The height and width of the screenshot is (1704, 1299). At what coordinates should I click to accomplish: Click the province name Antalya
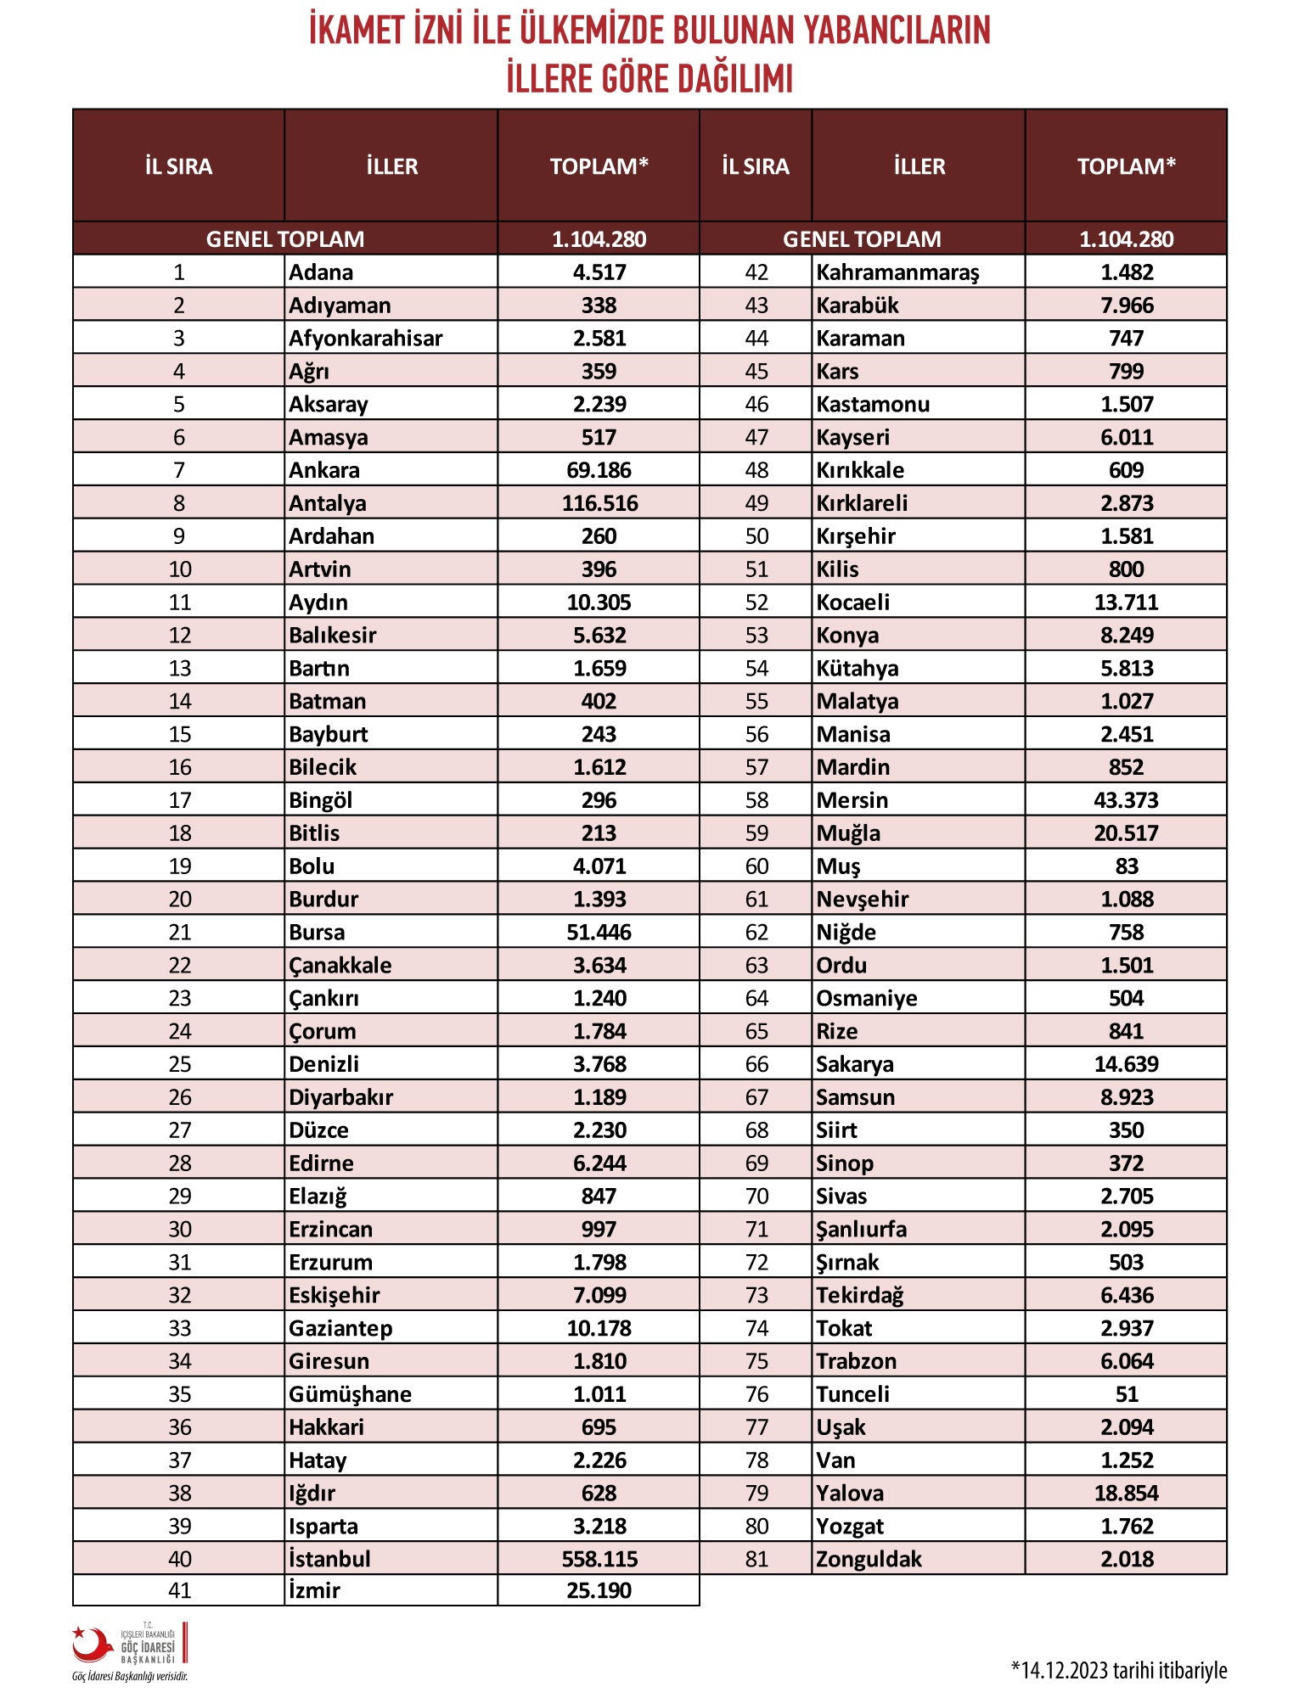coord(328,503)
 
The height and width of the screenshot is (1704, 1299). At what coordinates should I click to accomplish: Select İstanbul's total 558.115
coord(599,1559)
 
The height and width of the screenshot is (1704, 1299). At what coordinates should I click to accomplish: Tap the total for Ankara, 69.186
coord(599,470)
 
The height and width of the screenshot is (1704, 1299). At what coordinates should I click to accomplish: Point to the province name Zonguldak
coord(869,1559)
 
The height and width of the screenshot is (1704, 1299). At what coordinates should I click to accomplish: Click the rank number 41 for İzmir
coord(179,1590)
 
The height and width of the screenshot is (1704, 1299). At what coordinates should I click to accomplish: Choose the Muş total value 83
coord(1127,866)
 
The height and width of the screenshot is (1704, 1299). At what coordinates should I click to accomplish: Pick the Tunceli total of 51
coord(1127,1394)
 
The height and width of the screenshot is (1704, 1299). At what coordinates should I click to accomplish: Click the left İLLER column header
coord(392,166)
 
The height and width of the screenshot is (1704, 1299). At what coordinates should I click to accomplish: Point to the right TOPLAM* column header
coord(1126,166)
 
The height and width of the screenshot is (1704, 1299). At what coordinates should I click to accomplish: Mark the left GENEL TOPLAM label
coord(285,239)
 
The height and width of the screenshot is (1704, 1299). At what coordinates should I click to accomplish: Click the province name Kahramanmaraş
coord(897,273)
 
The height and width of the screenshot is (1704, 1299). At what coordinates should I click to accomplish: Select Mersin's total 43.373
coord(1126,800)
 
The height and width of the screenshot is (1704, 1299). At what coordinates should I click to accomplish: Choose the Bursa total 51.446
coord(599,933)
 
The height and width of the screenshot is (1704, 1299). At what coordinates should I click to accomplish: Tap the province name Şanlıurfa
coord(861,1230)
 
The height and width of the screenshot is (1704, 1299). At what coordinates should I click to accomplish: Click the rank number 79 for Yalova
coord(756,1494)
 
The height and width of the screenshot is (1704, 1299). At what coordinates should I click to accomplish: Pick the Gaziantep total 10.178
coord(599,1328)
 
